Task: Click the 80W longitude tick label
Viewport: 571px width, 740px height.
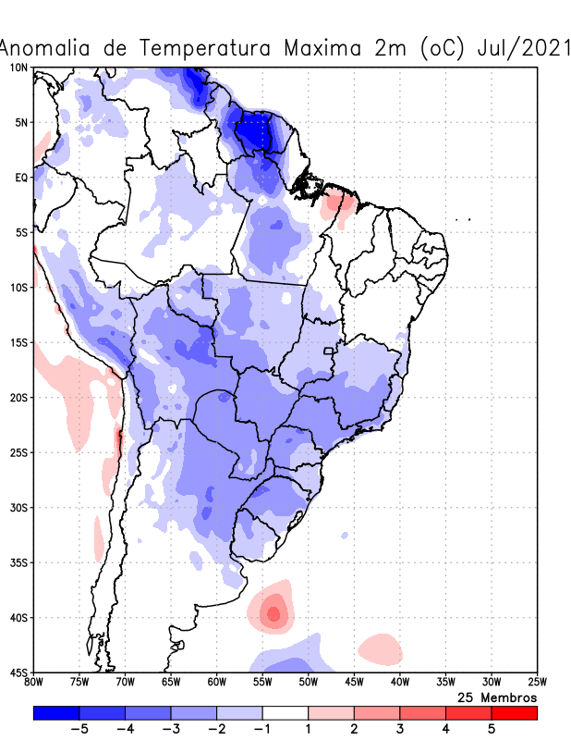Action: [x=34, y=683]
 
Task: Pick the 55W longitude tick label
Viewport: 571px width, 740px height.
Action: [x=262, y=683]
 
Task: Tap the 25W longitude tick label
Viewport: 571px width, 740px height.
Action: [x=536, y=683]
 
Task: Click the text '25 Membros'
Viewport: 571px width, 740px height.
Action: [x=497, y=697]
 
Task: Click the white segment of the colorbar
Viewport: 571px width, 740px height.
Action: [x=285, y=712]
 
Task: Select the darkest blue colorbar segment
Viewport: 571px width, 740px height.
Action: [x=56, y=712]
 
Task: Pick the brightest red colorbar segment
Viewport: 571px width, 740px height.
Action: [x=514, y=712]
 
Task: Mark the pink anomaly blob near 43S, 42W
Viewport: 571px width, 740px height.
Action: [x=380, y=647]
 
